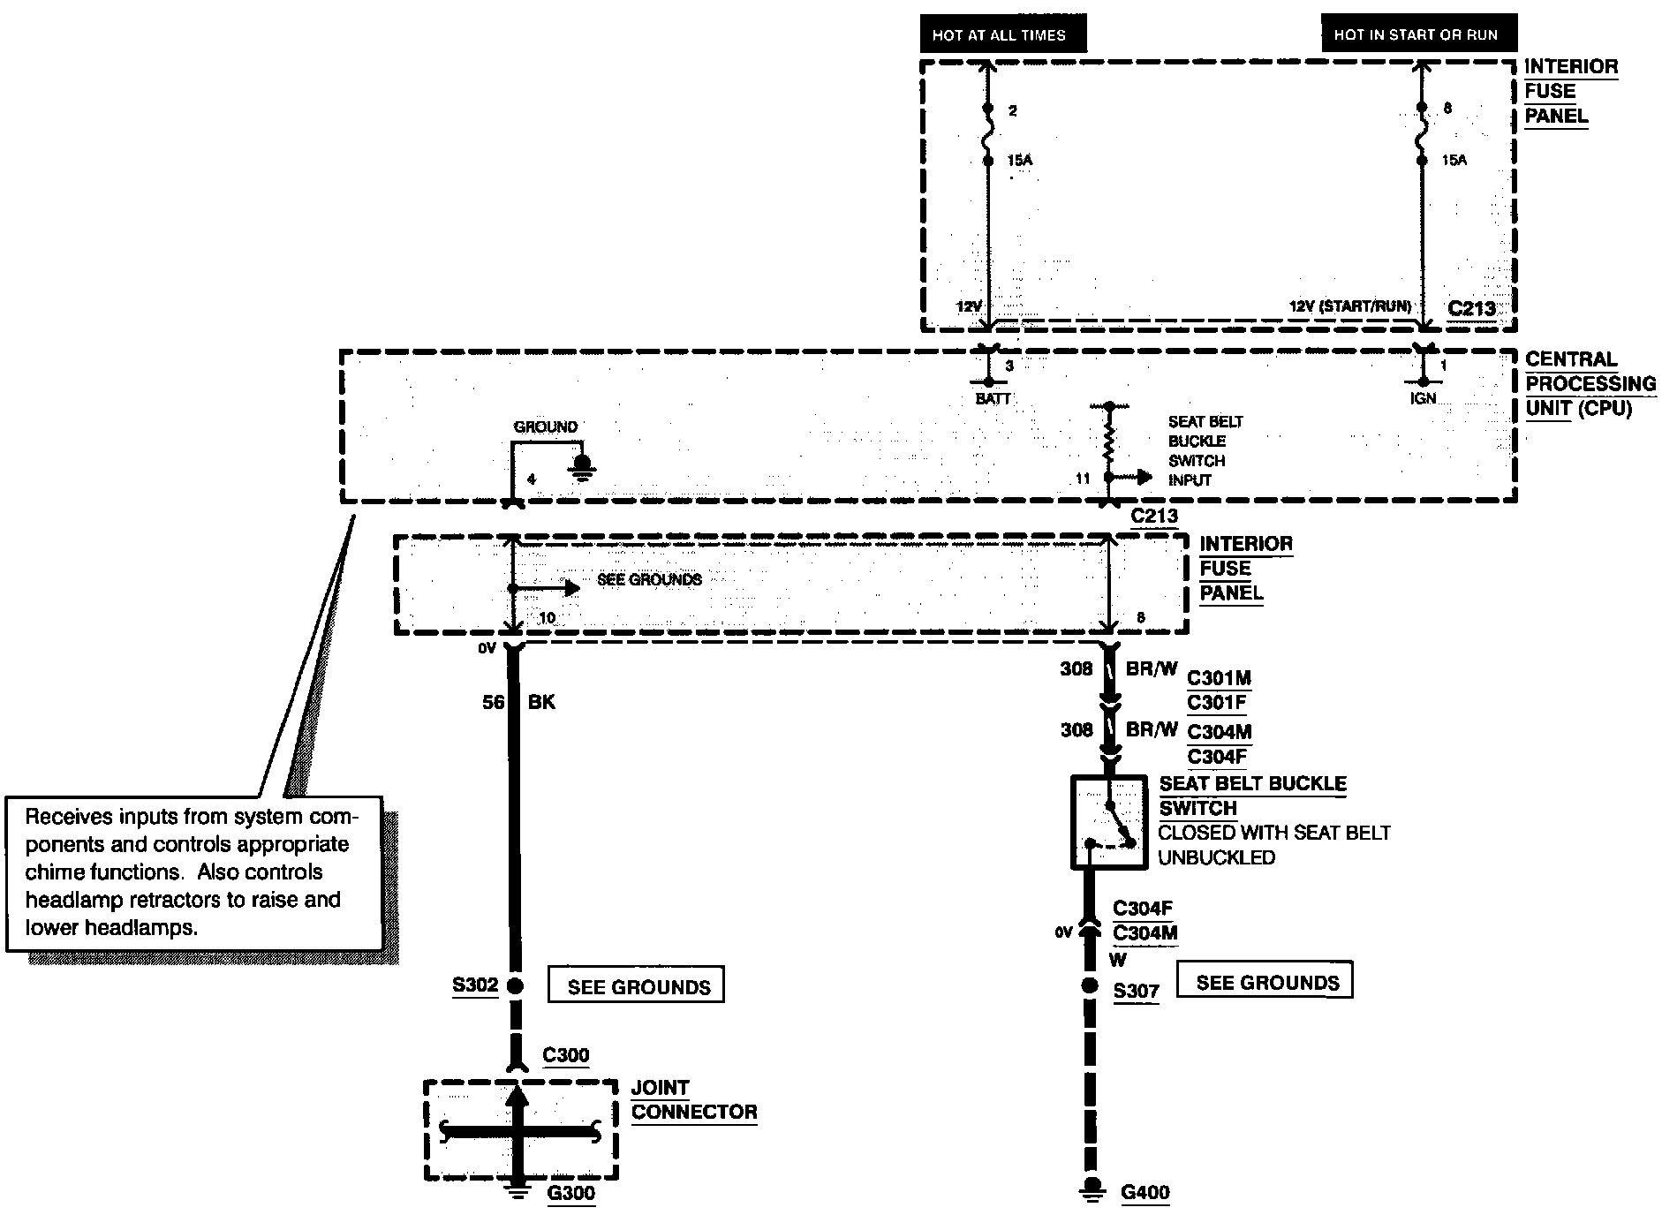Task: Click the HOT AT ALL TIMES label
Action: pos(1003,35)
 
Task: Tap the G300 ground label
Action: pos(571,1193)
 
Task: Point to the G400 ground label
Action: pos(1145,1193)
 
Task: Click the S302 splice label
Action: pos(476,985)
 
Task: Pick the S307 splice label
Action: pos(1136,992)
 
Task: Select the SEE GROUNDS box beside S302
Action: pos(637,985)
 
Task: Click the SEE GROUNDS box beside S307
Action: pos(1266,981)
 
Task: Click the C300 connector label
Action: pos(566,1055)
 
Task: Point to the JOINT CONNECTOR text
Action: pos(694,1100)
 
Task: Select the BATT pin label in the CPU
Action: pos(993,399)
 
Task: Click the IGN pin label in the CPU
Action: pos(1423,398)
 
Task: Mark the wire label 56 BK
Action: pos(519,703)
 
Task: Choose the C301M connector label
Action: pos(1219,679)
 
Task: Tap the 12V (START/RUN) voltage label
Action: pos(1350,306)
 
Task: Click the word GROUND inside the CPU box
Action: pos(546,427)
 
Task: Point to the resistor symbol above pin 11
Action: pos(1109,441)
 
